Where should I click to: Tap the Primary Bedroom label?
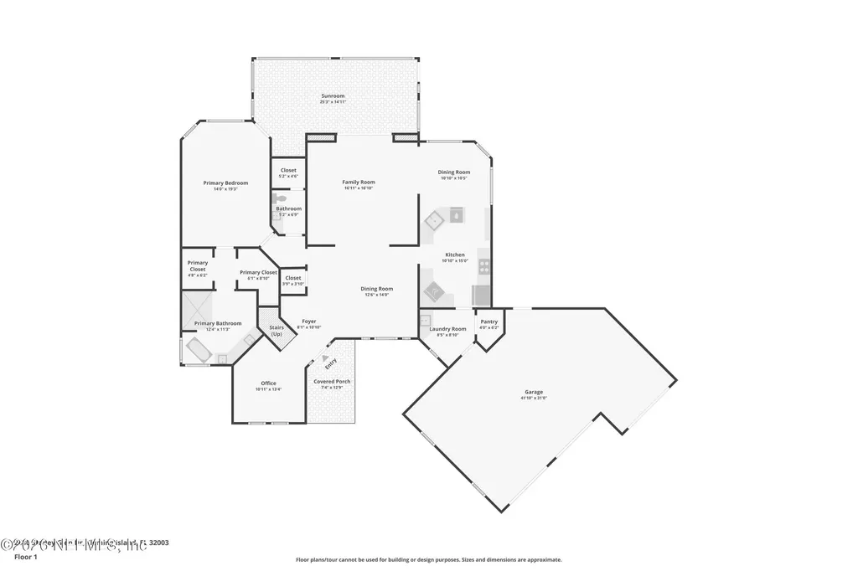(225, 183)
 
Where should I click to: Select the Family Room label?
(359, 182)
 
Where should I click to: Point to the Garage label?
(534, 392)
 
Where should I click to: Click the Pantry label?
(488, 322)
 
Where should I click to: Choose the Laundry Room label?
(447, 329)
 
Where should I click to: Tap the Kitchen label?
(454, 255)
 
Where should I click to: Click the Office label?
(268, 383)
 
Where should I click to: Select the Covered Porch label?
(332, 382)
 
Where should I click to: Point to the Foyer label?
(309, 321)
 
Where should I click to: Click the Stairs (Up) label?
(277, 328)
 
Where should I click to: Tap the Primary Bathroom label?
(218, 323)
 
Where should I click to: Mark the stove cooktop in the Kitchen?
(483, 267)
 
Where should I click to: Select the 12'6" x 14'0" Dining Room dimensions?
(377, 295)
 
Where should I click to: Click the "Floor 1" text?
(26, 556)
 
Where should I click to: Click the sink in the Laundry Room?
(426, 319)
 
